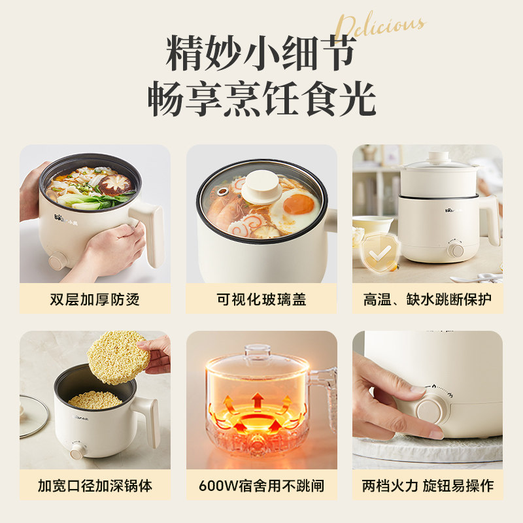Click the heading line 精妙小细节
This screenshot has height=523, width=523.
tap(261, 54)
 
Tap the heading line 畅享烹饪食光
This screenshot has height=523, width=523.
tap(261, 100)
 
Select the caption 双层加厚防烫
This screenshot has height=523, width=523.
tap(95, 299)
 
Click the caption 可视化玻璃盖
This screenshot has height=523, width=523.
tap(261, 299)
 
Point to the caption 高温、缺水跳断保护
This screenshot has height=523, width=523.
tap(428, 299)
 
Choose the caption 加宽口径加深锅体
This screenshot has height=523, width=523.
tap(95, 486)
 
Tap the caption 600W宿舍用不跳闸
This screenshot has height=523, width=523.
tap(261, 486)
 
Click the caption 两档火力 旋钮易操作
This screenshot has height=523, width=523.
tap(428, 486)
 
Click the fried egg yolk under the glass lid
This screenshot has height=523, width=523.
tap(298, 205)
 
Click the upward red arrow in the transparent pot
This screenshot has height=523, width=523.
tap(258, 399)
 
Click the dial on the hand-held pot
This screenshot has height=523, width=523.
tap(58, 260)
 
